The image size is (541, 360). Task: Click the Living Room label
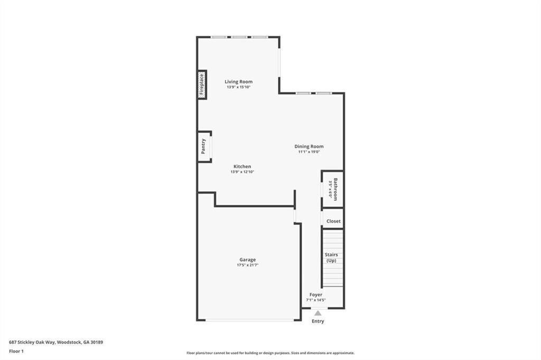coord(238,81)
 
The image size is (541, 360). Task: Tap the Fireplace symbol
coord(202,84)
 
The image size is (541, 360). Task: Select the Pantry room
coord(204,146)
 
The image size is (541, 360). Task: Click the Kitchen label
coord(242,166)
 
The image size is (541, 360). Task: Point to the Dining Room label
coord(309,146)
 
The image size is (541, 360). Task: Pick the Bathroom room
coord(333,189)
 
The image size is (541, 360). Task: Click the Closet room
coord(333,221)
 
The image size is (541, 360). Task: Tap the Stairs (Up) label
coord(331,258)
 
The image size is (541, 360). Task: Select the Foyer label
coord(316,295)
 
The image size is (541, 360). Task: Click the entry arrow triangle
coord(318,313)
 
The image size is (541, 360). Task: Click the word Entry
coord(318,321)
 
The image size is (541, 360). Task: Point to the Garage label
coord(247,259)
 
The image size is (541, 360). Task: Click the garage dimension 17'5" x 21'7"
coord(247,265)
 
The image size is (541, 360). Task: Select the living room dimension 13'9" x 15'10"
coord(238,87)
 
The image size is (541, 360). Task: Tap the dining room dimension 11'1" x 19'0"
coord(309,152)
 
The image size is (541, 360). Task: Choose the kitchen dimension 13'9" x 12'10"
coord(242,172)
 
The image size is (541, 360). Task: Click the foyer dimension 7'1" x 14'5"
coord(316,300)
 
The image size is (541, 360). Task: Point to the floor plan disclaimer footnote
coord(270,353)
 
